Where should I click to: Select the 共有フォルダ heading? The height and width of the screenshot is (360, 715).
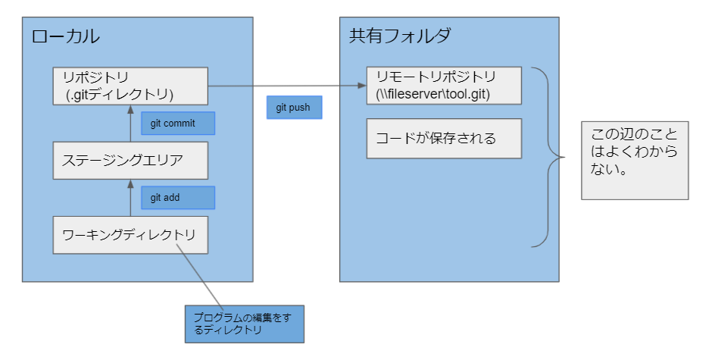tap(399, 36)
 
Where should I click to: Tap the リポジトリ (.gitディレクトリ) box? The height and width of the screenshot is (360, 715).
tap(130, 86)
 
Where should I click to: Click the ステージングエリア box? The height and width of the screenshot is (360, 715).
tap(130, 160)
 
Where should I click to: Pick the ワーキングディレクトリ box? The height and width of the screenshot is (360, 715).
tap(130, 234)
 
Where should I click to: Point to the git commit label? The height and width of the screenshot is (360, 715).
tap(178, 124)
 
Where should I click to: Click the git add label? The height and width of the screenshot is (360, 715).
tap(178, 198)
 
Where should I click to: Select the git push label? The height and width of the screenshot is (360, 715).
tap(294, 108)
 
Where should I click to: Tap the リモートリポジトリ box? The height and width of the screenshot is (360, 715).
tap(444, 86)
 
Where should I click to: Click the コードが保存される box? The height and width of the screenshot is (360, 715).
tap(444, 138)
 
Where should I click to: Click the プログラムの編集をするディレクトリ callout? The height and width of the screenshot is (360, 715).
tap(244, 324)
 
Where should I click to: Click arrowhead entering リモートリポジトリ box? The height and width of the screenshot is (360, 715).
tap(362, 86)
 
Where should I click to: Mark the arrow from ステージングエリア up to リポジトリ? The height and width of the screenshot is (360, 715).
tap(130, 124)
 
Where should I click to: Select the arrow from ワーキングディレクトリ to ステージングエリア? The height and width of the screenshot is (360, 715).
tap(130, 198)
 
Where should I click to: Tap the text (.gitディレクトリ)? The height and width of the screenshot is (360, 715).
tap(120, 95)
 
